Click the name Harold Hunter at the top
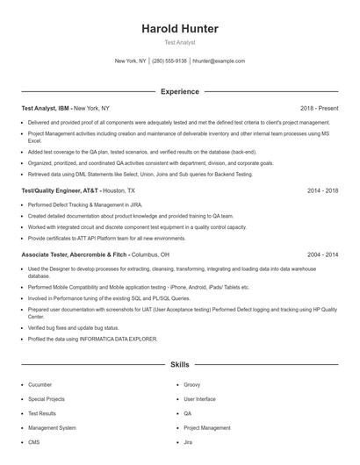pyautogui.click(x=180, y=29)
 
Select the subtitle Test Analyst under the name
pyautogui.click(x=180, y=42)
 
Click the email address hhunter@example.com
pyautogui.click(x=219, y=61)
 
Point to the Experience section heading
pyautogui.click(x=180, y=91)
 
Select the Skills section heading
pyautogui.click(x=180, y=363)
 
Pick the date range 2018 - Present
pyautogui.click(x=319, y=108)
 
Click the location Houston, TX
pyautogui.click(x=120, y=190)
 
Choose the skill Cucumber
pyautogui.click(x=40, y=384)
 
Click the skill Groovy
pyautogui.click(x=192, y=384)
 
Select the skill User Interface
pyautogui.click(x=199, y=398)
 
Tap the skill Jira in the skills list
pyautogui.click(x=188, y=442)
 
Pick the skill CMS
pyautogui.click(x=34, y=442)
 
